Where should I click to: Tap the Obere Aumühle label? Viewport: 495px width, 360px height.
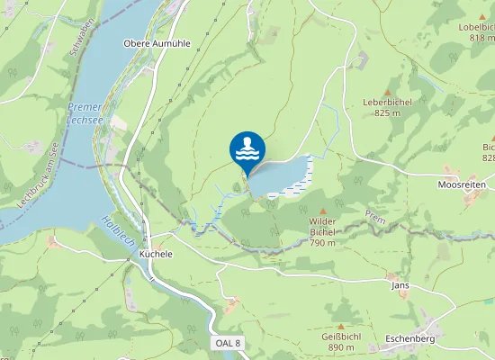pos(157,42)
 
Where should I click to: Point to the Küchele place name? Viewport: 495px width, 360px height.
pos(156,254)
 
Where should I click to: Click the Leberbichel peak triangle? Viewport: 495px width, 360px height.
pos(388,93)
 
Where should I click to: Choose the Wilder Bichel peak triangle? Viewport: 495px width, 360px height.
pos(322,211)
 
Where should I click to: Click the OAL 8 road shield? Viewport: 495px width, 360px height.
pos(228,344)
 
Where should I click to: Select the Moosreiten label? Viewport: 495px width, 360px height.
pos(462,184)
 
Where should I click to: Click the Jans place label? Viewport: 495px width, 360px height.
pos(400,284)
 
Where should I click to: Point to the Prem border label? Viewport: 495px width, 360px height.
pos(374,216)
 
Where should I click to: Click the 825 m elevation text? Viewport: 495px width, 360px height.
pos(388,112)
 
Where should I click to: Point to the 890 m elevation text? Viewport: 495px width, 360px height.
pos(340,347)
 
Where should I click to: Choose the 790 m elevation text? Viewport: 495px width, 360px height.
pos(322,242)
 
